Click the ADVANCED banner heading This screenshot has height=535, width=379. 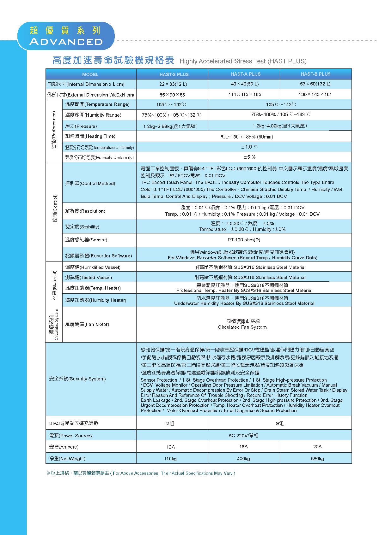66,42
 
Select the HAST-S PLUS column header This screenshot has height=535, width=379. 174,74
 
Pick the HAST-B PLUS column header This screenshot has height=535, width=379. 315,74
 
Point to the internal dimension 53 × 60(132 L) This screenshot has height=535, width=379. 315,84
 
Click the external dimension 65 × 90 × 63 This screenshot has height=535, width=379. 172,95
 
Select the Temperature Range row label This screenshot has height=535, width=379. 97,104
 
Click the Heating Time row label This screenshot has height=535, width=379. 90,136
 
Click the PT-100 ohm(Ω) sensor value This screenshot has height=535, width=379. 244,240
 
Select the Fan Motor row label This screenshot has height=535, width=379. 87,324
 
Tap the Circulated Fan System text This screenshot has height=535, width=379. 242,327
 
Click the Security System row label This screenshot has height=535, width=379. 77,379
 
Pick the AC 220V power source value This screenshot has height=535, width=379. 243,436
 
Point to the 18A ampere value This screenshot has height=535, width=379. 243,447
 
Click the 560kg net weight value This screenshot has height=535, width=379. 317,459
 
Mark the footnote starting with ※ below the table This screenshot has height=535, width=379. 141,473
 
